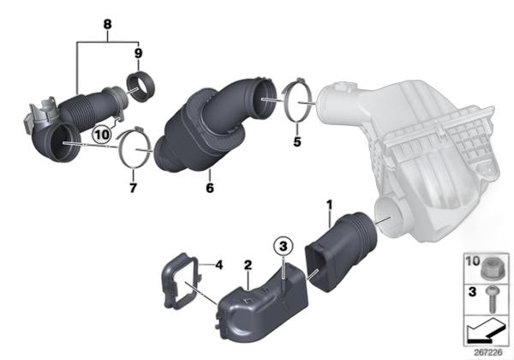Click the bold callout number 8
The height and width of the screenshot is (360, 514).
(x=108, y=24)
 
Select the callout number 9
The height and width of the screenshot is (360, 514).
(x=138, y=53)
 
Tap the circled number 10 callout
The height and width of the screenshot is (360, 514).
(x=102, y=135)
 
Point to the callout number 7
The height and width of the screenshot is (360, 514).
(x=133, y=189)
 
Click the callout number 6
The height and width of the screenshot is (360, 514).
(x=210, y=188)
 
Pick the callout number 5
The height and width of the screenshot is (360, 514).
(x=297, y=142)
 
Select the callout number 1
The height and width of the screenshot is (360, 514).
(x=330, y=205)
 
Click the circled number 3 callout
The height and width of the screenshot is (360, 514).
(x=284, y=246)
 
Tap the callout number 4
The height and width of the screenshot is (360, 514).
(x=218, y=265)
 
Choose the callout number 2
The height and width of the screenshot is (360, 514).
(x=248, y=265)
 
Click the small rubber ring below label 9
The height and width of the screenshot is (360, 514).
(x=140, y=87)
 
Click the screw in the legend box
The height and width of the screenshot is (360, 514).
(x=492, y=298)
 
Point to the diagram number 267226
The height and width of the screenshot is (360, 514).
(x=488, y=353)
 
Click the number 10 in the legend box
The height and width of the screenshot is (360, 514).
(x=473, y=261)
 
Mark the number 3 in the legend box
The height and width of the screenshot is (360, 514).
(x=472, y=291)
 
